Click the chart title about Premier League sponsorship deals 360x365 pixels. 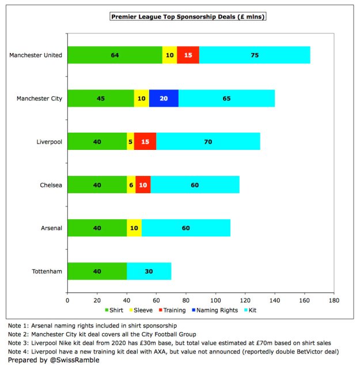pos(188,17)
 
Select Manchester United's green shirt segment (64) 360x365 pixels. pos(115,55)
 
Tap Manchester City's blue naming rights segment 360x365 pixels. pos(164,98)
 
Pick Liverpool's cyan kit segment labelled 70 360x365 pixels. pos(208,141)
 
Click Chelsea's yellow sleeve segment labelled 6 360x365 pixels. pos(131,185)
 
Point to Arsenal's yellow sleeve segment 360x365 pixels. pos(134,228)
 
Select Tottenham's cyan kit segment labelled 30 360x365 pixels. pos(149,271)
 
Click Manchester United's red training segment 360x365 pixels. pos(188,55)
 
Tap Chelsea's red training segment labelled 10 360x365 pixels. pos(143,185)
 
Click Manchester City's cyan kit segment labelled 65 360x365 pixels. pos(226,98)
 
